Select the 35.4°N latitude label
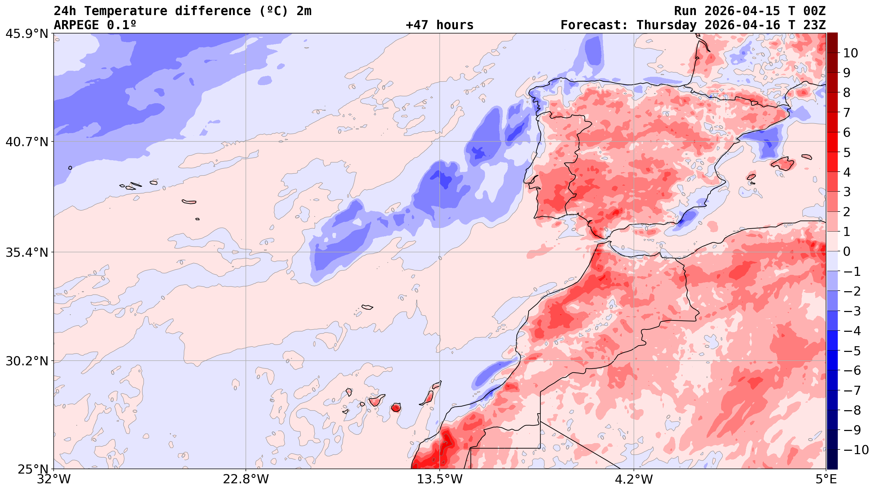[27, 252]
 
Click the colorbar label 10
[850, 53]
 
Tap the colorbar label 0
[846, 252]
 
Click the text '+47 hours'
[439, 25]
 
